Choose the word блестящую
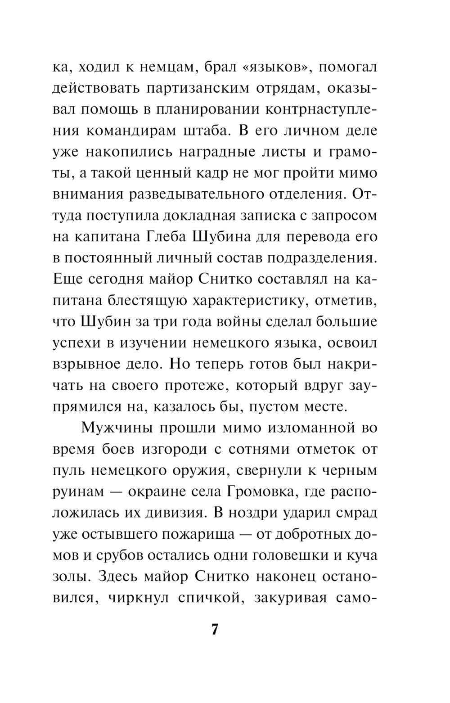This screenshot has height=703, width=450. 146,300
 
